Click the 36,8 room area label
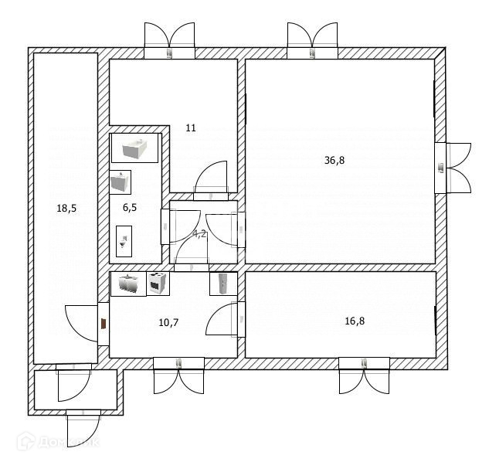[334, 161]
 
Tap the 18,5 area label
[66, 208]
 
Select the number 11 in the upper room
[190, 127]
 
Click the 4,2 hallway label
[199, 233]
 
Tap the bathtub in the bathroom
[135, 148]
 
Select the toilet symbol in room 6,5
[123, 240]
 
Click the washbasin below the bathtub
[120, 182]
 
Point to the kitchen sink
[127, 284]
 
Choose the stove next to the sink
[157, 284]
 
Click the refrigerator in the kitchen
[222, 284]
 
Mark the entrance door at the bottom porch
[83, 427]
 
